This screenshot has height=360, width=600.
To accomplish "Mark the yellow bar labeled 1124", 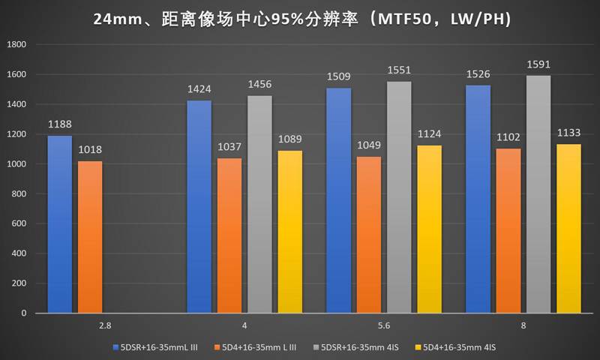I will (430, 229).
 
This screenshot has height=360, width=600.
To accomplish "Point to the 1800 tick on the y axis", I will (16, 45).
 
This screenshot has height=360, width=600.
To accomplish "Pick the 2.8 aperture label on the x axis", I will (105, 326).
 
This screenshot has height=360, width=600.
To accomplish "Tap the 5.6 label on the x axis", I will (385, 326).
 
